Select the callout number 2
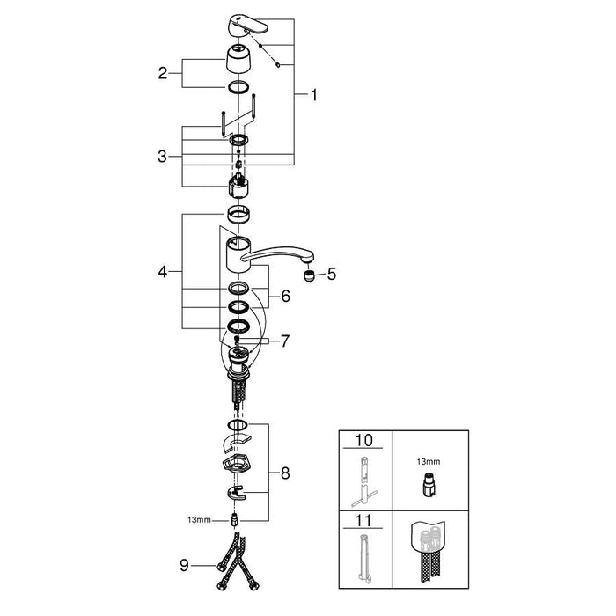[163, 73]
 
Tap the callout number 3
[163, 157]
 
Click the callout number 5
[331, 275]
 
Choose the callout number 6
[285, 297]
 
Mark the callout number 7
[285, 341]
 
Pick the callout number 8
[285, 473]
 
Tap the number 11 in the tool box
[363, 521]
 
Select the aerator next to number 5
[310, 275]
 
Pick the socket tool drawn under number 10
[363, 480]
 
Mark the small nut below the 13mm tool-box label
[428, 483]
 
